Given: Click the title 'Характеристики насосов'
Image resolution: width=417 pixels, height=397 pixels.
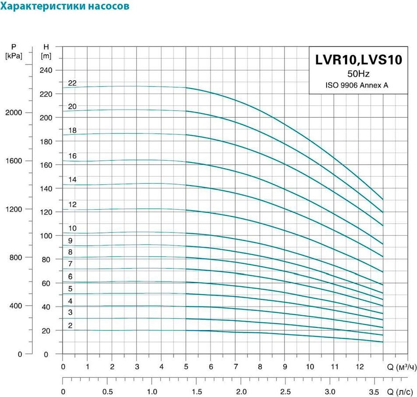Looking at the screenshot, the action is pyautogui.click(x=65, y=6).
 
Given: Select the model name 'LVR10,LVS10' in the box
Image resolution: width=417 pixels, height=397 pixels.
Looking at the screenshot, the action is pyautogui.click(x=358, y=60).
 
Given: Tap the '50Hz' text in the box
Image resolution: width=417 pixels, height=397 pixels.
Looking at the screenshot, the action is pyautogui.click(x=358, y=74).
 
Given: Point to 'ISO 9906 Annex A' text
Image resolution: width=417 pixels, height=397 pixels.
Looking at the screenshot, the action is pyautogui.click(x=357, y=85).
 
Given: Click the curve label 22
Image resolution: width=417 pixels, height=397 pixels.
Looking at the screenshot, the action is pyautogui.click(x=72, y=83).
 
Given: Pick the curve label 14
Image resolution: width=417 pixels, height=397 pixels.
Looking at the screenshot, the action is pyautogui.click(x=72, y=179).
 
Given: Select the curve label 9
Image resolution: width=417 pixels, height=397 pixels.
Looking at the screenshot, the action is pyautogui.click(x=70, y=241).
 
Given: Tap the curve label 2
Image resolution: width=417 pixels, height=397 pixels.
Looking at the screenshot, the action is pyautogui.click(x=70, y=325).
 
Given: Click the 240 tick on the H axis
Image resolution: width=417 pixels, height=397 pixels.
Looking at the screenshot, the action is pyautogui.click(x=46, y=70).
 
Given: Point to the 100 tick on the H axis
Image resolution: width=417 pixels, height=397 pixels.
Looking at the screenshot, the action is pyautogui.click(x=46, y=236).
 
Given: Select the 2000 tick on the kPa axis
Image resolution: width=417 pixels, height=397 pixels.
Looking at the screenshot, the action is pyautogui.click(x=14, y=112).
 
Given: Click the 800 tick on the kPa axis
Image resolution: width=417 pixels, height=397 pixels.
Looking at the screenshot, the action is pyautogui.click(x=16, y=257).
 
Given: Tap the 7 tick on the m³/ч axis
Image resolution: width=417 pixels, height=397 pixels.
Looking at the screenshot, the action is pyautogui.click(x=236, y=367).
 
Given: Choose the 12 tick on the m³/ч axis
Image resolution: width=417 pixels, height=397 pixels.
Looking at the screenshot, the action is pyautogui.click(x=360, y=367).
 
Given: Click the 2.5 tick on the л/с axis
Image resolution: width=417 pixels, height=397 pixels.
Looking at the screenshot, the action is pyautogui.click(x=285, y=392).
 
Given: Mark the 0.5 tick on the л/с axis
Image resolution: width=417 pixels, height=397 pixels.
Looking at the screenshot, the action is pyautogui.click(x=108, y=392).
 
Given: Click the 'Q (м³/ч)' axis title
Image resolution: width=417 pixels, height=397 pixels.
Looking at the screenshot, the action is pyautogui.click(x=402, y=367).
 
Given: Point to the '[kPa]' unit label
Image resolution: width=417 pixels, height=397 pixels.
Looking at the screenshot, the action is pyautogui.click(x=14, y=56).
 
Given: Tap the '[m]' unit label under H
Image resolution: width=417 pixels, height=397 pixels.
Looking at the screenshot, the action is pyautogui.click(x=46, y=56).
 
